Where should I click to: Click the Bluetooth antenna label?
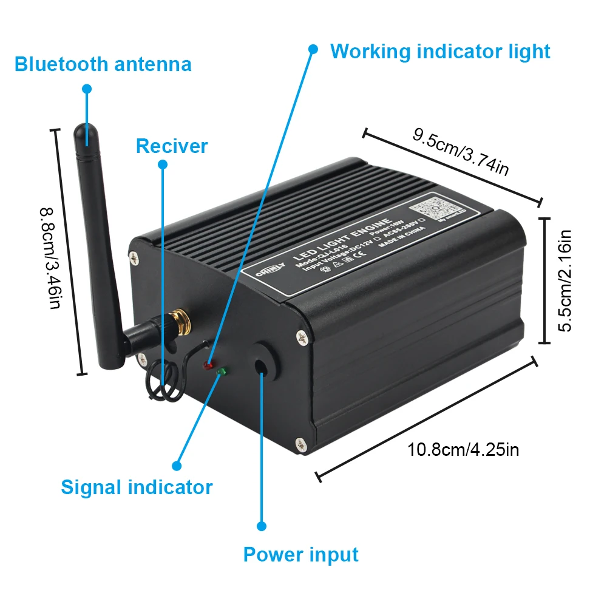point(103,64)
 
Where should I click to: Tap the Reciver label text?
point(172,146)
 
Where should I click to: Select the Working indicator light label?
point(440,52)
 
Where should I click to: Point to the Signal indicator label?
point(137,487)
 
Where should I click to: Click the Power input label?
point(300,554)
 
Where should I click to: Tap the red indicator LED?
point(209,366)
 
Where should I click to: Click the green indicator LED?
point(222,371)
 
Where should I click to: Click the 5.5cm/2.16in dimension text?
point(565,280)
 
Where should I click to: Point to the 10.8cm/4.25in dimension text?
point(463,450)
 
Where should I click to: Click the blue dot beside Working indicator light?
point(313,49)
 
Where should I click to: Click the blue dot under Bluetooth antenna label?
point(87,89)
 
